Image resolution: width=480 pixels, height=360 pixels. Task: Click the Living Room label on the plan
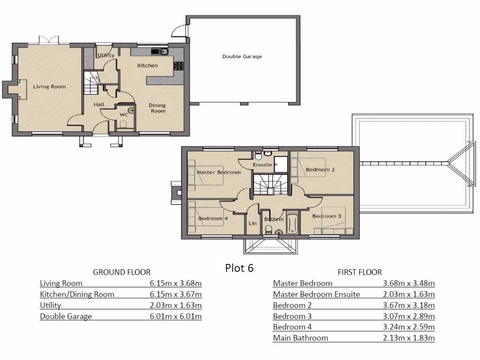tap(49, 87)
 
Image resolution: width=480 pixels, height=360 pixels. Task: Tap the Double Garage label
tap(242, 57)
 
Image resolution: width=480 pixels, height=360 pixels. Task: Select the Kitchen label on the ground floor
tap(147, 66)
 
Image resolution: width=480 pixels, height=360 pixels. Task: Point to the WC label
tap(124, 114)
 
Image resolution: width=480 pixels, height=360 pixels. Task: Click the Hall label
tap(98, 105)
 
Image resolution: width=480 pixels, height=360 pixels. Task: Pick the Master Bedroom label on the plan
tap(218, 172)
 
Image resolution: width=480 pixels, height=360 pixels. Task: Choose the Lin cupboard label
tap(253, 224)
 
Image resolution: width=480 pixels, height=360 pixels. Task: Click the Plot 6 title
tap(239, 268)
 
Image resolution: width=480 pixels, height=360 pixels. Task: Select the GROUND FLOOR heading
tap(121, 272)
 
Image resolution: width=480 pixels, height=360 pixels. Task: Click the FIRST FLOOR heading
tap(360, 272)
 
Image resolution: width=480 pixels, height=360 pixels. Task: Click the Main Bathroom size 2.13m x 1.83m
tap(408, 338)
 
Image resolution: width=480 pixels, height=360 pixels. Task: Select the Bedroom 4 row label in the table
tap(292, 327)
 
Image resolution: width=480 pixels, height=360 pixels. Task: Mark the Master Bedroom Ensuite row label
tap(316, 294)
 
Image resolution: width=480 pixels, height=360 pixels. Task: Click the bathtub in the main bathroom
tap(292, 223)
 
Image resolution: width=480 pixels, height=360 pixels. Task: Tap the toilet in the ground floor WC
tap(124, 124)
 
